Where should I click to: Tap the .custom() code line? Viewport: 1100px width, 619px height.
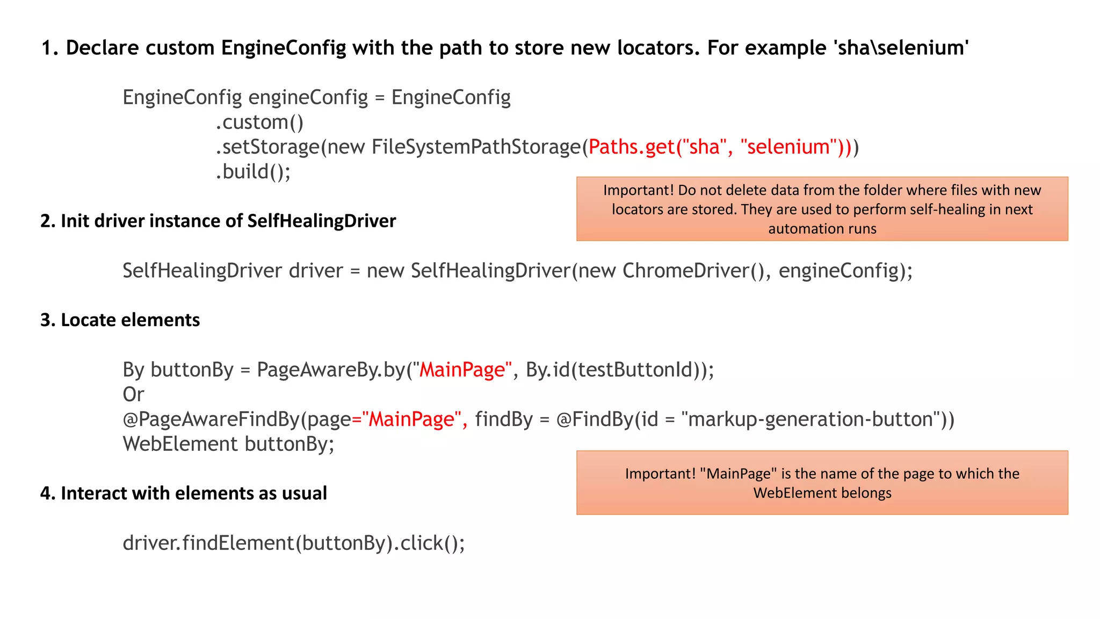click(x=259, y=122)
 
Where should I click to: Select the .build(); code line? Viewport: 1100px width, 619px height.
click(x=253, y=171)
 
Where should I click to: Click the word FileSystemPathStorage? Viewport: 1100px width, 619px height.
click(x=476, y=147)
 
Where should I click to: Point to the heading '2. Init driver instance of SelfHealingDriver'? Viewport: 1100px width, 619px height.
click(x=218, y=221)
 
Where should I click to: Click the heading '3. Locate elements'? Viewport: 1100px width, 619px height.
click(x=120, y=320)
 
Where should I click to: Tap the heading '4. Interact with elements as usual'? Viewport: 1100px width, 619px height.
click(x=183, y=493)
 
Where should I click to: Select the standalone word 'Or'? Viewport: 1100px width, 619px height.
click(x=133, y=394)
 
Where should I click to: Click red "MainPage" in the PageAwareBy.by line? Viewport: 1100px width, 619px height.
click(x=462, y=370)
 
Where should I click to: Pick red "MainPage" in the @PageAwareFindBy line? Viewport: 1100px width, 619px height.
click(x=412, y=419)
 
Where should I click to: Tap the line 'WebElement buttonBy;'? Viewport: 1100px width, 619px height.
click(x=228, y=444)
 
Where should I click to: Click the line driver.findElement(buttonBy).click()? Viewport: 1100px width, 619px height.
click(x=294, y=543)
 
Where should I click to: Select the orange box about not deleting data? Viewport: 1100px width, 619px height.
click(x=822, y=208)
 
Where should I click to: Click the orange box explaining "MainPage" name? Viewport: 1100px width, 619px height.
click(x=822, y=483)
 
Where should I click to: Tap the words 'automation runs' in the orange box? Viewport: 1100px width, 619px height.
click(x=822, y=229)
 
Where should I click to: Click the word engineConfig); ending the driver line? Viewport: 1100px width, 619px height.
click(x=845, y=270)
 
